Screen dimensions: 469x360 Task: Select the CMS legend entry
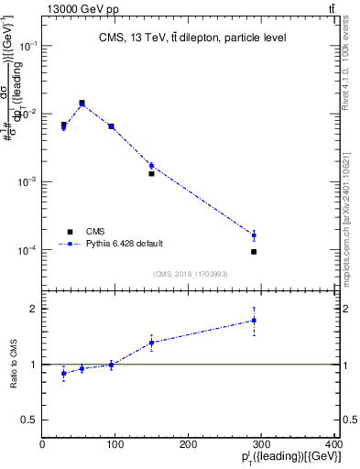click(x=97, y=232)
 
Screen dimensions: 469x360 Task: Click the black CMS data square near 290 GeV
click(x=254, y=251)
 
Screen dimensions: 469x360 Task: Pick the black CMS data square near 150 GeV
click(x=151, y=173)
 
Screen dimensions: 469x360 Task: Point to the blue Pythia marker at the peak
click(x=82, y=104)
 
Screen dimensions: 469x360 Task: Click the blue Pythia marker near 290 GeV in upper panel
click(x=254, y=235)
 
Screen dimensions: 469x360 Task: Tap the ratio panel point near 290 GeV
click(x=254, y=321)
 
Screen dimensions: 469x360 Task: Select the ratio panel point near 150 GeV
click(x=151, y=343)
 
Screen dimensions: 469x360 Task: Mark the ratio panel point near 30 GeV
click(x=63, y=373)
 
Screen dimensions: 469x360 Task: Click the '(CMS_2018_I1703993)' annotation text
click(x=190, y=273)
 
